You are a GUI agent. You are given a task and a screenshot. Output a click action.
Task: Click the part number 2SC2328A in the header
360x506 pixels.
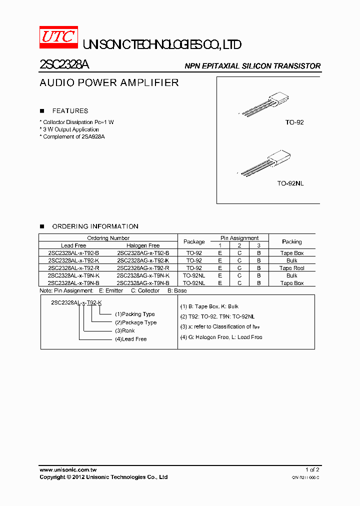click(64, 65)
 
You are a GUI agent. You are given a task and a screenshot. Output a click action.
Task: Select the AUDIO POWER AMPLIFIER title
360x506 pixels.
click(109, 83)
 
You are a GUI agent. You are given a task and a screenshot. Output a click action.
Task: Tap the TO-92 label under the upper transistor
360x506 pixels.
click(294, 122)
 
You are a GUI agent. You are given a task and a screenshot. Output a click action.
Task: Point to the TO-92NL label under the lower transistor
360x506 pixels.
click(290, 183)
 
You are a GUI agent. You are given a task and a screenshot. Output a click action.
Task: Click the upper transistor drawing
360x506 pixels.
click(265, 104)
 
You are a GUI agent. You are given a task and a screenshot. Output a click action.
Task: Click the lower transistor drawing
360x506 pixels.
click(265, 162)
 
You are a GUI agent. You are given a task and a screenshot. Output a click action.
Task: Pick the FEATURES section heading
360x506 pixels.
click(70, 111)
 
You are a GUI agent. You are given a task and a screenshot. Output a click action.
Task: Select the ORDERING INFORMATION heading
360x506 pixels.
click(95, 226)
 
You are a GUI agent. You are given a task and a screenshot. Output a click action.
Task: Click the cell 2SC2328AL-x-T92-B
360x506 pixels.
click(73, 253)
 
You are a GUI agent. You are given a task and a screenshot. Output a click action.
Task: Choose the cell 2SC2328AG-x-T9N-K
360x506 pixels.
click(143, 275)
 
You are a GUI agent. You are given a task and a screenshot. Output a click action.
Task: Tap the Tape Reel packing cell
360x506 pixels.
click(291, 268)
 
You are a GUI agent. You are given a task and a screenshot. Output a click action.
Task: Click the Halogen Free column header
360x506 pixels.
click(143, 245)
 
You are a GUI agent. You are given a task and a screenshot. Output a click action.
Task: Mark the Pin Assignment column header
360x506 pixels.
click(239, 238)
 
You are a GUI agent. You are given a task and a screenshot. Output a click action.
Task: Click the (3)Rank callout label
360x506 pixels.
click(125, 330)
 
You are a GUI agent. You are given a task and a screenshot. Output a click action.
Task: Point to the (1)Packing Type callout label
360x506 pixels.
click(135, 314)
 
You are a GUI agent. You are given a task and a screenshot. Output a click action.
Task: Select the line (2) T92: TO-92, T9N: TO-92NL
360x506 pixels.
click(217, 316)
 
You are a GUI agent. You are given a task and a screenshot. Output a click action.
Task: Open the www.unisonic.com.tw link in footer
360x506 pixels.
click(68, 470)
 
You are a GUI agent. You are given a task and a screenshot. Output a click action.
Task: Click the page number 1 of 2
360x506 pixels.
click(312, 470)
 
